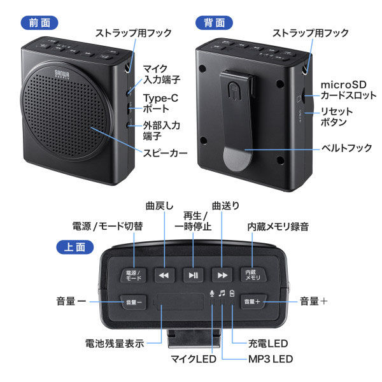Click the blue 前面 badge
[39, 22]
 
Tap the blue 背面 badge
[213, 22]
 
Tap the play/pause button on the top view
[193, 275]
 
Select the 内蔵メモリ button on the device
[253, 275]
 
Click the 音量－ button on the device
[134, 301]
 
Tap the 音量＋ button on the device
[252, 301]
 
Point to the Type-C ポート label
[160, 103]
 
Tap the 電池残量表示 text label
[115, 343]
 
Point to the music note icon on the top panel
[222, 294]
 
